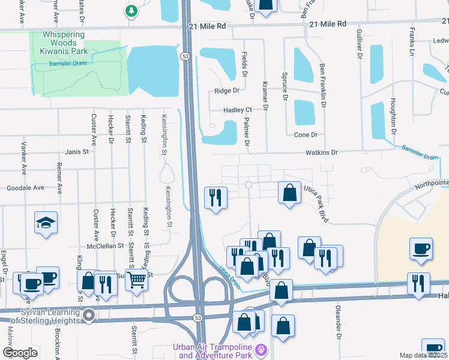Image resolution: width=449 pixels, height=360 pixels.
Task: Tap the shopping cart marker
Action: click(x=137, y=279)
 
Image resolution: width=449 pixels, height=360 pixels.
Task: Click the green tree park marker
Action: click(x=131, y=10)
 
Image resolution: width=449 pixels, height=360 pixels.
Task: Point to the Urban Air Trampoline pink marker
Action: click(x=261, y=349)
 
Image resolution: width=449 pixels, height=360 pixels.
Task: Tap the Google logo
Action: click(x=20, y=353)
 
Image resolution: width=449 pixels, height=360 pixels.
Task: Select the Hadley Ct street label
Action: click(x=237, y=110)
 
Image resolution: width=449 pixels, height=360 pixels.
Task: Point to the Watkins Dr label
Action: click(x=322, y=153)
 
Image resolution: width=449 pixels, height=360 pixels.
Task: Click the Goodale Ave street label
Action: click(x=25, y=188)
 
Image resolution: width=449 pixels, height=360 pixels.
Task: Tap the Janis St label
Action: click(x=77, y=152)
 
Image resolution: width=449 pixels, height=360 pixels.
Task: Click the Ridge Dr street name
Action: click(x=227, y=91)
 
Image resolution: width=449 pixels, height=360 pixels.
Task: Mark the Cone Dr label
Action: click(x=306, y=135)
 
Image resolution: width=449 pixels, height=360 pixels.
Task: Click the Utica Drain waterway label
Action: click(x=229, y=277)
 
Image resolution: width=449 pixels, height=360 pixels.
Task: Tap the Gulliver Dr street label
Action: click(x=360, y=46)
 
